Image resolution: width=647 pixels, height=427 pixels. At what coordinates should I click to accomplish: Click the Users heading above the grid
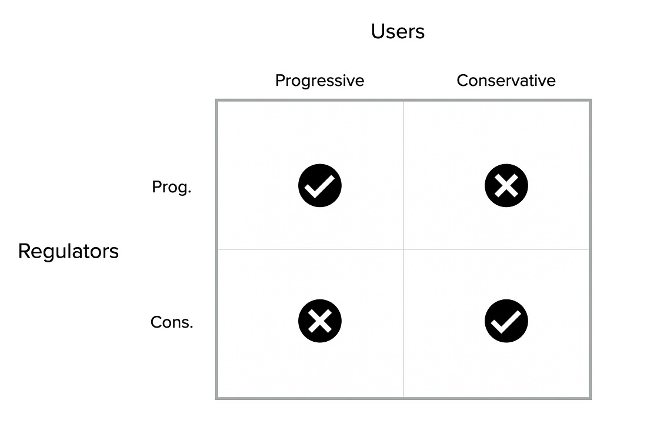click(x=398, y=31)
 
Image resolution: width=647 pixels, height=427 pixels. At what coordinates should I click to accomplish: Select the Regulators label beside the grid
click(x=68, y=251)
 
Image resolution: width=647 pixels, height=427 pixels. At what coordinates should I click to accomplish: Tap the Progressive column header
click(x=320, y=81)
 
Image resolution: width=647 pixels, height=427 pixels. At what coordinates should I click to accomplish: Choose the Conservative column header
click(x=506, y=81)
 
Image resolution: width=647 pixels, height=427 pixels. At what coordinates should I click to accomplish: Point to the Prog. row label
click(x=172, y=187)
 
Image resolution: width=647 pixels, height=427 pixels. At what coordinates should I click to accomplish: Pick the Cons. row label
click(x=172, y=322)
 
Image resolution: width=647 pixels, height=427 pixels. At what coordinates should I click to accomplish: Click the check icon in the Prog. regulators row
click(x=320, y=186)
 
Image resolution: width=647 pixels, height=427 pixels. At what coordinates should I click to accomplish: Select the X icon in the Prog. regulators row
click(x=506, y=186)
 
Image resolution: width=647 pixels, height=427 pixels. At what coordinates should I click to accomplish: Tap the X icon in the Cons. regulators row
click(x=320, y=321)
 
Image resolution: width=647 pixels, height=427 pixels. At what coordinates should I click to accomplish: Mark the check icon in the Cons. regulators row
click(x=506, y=321)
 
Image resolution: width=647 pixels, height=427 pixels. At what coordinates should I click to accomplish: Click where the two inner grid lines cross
click(x=403, y=249)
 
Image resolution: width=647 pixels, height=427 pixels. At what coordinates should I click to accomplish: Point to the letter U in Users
click(x=378, y=31)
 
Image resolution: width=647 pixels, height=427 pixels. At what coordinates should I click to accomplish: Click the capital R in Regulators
click(x=24, y=251)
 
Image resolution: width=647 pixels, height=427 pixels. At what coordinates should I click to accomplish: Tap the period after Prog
click(x=189, y=193)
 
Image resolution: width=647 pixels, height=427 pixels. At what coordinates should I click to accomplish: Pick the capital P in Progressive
click(x=281, y=81)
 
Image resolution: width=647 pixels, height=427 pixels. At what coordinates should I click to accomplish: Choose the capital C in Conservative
click(x=463, y=81)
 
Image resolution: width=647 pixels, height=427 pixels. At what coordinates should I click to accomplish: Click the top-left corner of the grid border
click(x=216, y=100)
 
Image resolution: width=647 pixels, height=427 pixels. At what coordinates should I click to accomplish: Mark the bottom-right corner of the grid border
click(x=591, y=399)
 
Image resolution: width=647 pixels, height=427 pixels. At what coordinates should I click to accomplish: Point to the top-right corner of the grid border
click(x=591, y=100)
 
